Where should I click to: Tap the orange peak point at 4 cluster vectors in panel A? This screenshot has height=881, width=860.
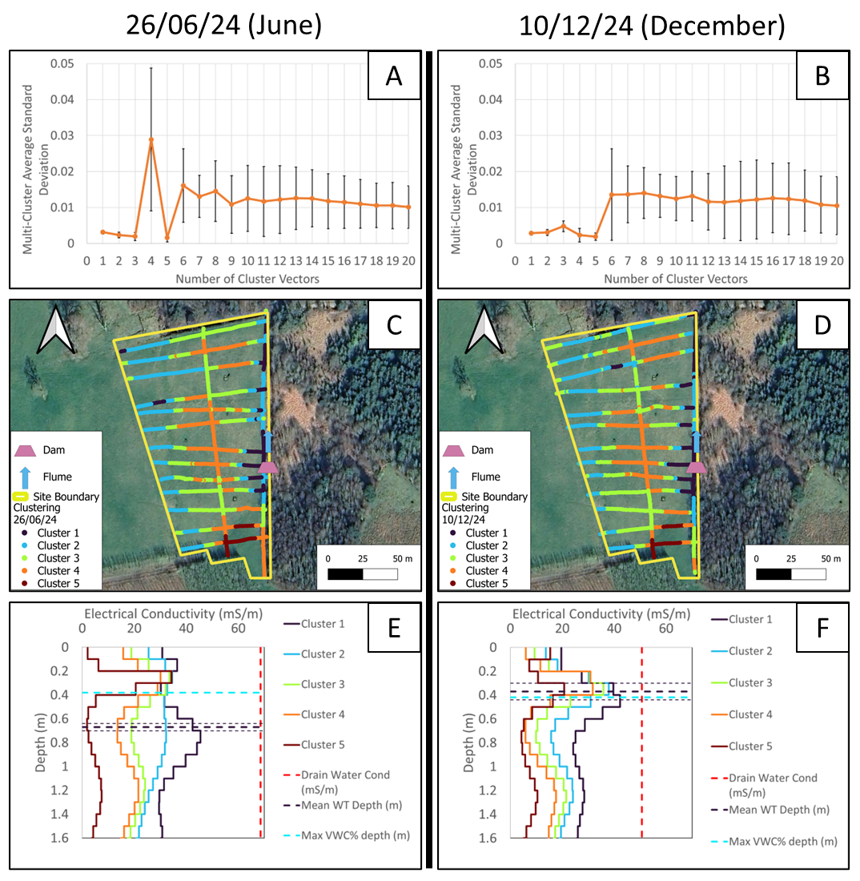(x=151, y=139)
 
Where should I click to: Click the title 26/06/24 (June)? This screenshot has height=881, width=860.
(x=223, y=26)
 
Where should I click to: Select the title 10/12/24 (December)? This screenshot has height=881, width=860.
(x=652, y=26)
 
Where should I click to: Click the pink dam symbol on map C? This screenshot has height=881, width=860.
(x=267, y=468)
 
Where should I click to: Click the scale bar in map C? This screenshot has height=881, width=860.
(x=363, y=574)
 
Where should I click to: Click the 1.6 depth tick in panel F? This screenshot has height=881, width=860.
(x=492, y=838)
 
